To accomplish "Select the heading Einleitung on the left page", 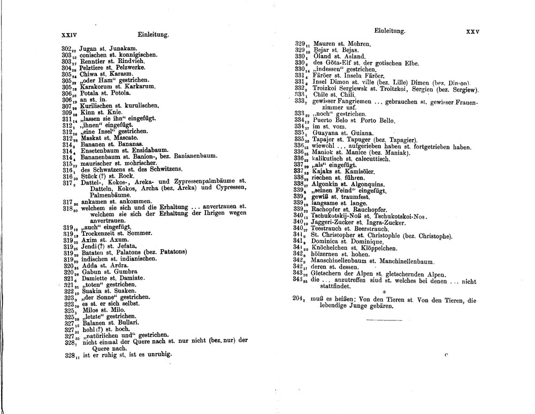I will [153, 35].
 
